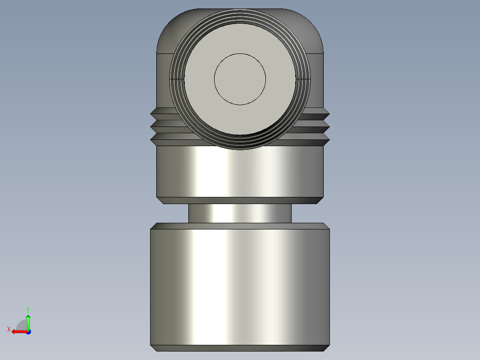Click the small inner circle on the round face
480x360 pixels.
[240, 79]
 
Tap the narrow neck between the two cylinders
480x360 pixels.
[240, 213]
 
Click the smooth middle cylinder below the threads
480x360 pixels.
[240, 172]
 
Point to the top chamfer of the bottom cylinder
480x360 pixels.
[240, 226]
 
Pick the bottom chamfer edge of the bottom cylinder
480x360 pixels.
[240, 348]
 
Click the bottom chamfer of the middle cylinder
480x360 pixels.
[240, 200]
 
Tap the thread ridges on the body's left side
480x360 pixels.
[163, 127]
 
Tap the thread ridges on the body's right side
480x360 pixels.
[317, 127]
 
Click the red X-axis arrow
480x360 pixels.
[18, 331]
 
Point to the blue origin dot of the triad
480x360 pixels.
[28, 331]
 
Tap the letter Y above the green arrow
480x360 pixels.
[28, 309]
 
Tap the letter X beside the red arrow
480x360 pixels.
[8, 329]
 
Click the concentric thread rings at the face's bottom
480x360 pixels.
[240, 142]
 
